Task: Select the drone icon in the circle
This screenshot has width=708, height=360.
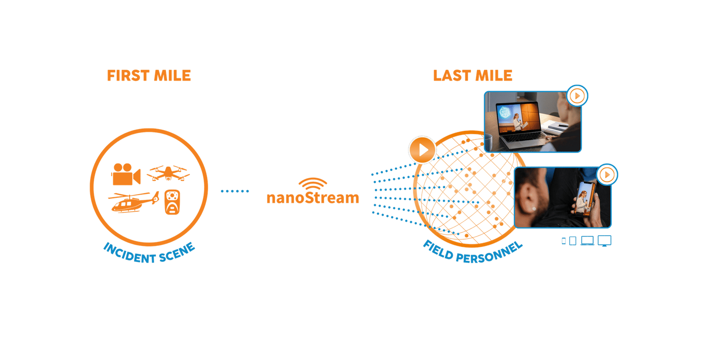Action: tap(168, 173)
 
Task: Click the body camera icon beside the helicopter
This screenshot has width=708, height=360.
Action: tap(172, 202)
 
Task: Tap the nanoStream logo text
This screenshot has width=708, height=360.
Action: tap(312, 198)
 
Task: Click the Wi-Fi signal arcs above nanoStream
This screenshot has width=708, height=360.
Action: tap(312, 183)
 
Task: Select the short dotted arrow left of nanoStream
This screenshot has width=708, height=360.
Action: tap(235, 191)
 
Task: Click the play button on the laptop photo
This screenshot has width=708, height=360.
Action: tap(577, 96)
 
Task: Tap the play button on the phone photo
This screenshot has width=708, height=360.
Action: tap(607, 175)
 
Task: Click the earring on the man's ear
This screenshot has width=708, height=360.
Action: tap(534, 208)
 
